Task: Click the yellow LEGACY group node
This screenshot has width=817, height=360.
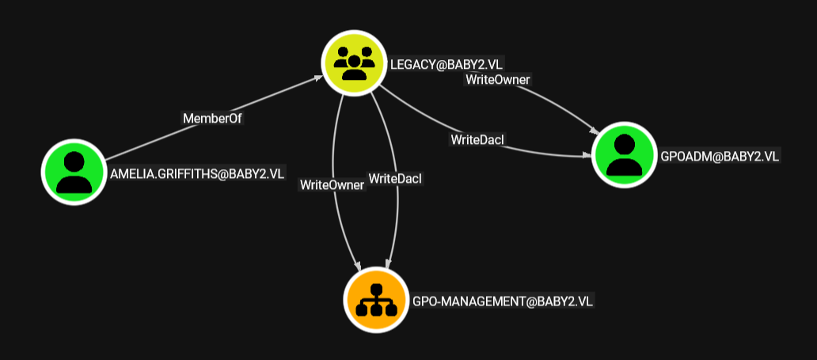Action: point(354,63)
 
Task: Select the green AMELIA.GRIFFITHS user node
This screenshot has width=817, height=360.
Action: point(74,172)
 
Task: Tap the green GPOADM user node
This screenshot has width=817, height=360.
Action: point(624,155)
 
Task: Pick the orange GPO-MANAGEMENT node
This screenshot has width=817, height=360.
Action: point(376,300)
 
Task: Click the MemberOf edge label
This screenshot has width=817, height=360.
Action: point(213,118)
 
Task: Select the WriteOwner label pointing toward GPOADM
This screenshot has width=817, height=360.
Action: point(498,80)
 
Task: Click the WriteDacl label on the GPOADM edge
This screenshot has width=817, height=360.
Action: point(478,139)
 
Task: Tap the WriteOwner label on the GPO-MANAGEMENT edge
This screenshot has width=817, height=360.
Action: point(332,185)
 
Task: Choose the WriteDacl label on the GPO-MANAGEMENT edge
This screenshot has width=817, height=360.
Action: point(395,178)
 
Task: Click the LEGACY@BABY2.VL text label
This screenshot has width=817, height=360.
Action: point(447,64)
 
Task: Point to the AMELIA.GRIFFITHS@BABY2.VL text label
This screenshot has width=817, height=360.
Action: point(197,174)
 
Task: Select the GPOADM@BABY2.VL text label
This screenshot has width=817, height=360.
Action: point(720,157)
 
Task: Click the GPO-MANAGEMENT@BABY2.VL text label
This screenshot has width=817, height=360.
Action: point(503,301)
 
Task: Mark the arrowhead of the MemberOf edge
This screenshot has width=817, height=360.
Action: point(317,78)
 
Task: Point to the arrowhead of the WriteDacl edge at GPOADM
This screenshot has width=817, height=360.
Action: point(587,155)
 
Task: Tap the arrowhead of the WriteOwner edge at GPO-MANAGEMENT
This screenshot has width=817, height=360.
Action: point(358,266)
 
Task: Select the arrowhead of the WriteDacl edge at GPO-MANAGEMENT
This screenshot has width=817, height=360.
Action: point(387,263)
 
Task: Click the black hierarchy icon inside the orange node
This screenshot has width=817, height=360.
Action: point(376,301)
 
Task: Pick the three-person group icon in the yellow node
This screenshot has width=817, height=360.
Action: point(354,63)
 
